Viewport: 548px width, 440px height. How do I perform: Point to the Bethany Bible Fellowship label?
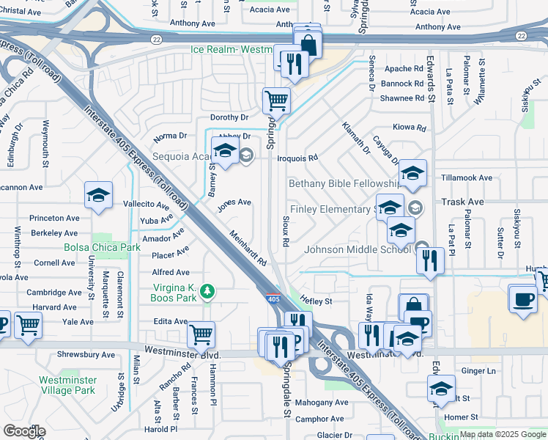(x=344, y=183)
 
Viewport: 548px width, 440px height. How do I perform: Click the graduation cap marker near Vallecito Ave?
(x=98, y=194)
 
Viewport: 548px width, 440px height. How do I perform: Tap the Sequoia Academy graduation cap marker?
(x=224, y=150)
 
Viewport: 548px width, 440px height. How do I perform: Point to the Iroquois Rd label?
(x=301, y=158)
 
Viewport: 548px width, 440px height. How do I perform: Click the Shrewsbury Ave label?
(x=86, y=355)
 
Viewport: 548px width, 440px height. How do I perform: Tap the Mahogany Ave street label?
(x=322, y=403)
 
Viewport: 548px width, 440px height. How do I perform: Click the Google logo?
(x=24, y=431)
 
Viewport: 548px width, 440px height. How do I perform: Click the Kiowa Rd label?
(x=410, y=128)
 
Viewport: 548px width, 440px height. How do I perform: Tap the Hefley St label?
(x=316, y=301)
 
